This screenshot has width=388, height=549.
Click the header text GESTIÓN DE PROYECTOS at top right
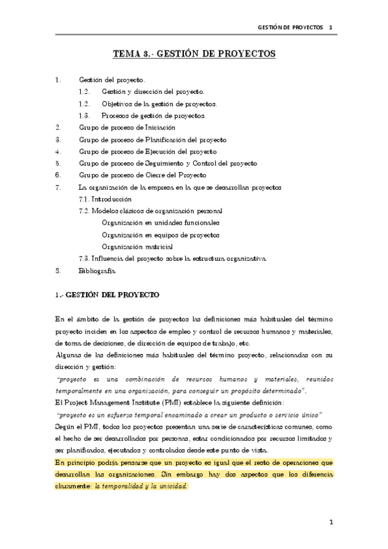(x=290, y=29)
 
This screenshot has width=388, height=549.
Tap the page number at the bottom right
(x=330, y=521)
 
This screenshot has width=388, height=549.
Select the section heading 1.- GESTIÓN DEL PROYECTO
(x=107, y=295)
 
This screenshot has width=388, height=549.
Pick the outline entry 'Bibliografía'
(x=97, y=270)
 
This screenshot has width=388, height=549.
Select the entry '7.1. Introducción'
(x=104, y=199)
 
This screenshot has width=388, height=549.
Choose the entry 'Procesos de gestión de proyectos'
(x=154, y=116)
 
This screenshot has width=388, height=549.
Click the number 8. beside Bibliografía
(x=58, y=270)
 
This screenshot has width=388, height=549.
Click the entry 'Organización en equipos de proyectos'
(x=161, y=234)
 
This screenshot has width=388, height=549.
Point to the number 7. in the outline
(x=58, y=187)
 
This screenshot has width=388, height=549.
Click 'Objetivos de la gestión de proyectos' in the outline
(x=159, y=104)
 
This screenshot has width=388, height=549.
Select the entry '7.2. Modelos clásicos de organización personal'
(x=150, y=211)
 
